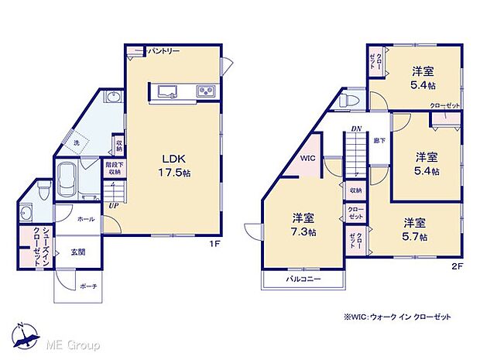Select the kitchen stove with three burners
click(x=207, y=92)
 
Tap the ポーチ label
click(x=87, y=286)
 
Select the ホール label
click(x=86, y=219)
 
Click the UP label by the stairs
click(x=114, y=205)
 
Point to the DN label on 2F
click(x=356, y=129)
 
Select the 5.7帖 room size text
click(x=413, y=236)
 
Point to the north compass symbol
click(x=26, y=334)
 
